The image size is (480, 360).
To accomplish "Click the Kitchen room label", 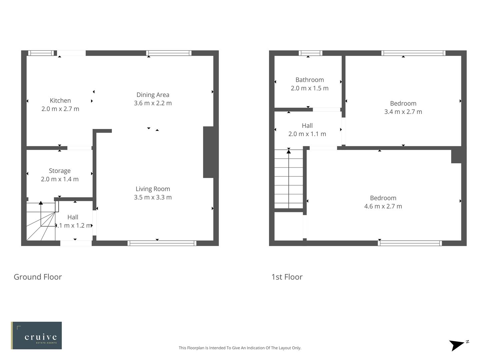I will [60, 100].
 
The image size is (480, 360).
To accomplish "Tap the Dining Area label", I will [153, 95].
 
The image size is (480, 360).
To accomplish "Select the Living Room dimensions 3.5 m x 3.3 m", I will [153, 197].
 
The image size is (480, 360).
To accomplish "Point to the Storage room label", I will [60, 171].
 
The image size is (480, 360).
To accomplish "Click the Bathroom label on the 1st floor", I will [309, 80].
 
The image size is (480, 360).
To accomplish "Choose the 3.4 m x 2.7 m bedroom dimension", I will [403, 112].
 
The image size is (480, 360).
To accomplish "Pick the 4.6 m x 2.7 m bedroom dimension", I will [383, 206].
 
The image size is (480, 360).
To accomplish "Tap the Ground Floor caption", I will [38, 277].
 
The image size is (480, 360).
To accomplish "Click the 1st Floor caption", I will [287, 277].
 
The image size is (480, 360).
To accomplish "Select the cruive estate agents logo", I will [36, 335].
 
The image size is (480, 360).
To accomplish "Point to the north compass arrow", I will [457, 345].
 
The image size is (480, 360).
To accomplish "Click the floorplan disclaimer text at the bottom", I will [240, 348].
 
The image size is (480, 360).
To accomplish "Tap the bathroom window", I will [310, 53].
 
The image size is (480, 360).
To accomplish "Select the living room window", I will [162, 243].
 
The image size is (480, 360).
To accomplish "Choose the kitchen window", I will [41, 53].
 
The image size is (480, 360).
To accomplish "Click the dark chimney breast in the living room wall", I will [208, 152].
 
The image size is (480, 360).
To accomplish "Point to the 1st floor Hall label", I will [307, 126].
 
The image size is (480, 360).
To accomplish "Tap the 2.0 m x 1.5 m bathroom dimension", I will [309, 88].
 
